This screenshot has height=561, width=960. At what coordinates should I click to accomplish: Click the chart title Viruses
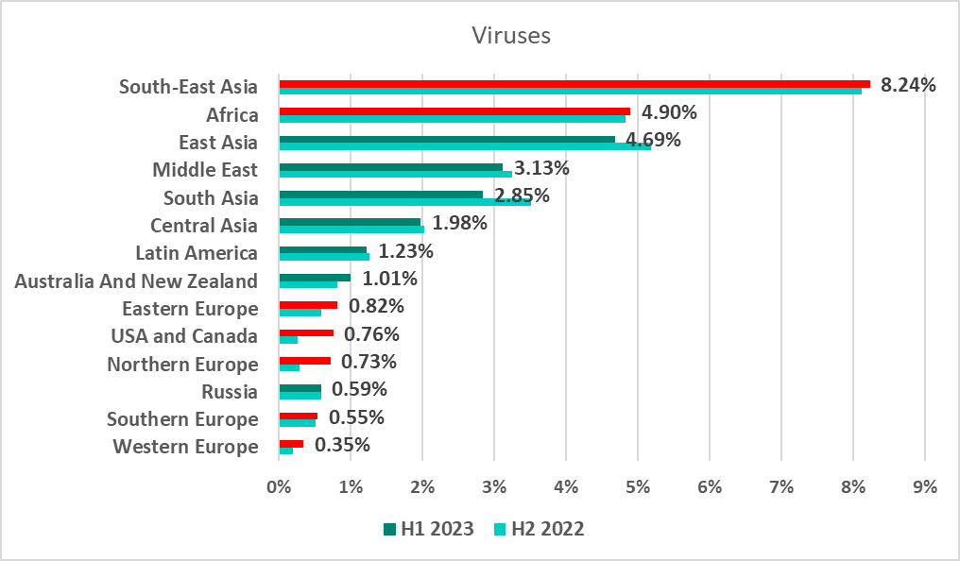pos(511,36)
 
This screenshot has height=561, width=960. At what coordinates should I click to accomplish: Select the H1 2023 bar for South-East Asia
pos(574,83)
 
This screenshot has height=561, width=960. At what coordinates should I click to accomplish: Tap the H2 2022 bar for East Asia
pos(465,146)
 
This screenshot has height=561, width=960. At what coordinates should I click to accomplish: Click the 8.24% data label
pos(908,85)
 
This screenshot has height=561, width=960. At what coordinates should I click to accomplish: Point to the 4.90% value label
pos(669,113)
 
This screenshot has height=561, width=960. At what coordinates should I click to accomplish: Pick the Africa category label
pos(232,115)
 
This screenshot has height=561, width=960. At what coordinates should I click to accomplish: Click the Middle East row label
pos(205,171)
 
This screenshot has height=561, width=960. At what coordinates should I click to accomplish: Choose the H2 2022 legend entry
pos(539,529)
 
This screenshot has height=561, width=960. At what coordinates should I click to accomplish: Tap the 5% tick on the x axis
pos(638,487)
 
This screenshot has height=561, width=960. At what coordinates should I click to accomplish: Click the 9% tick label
pos(925,487)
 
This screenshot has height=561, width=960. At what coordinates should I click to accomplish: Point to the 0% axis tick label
pos(279,487)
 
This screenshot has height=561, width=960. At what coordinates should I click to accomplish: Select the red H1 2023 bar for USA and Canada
pos(306,332)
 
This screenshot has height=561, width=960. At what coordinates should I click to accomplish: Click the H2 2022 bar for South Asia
pos(404,202)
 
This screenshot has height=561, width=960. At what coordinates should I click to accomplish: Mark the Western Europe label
pos(185,447)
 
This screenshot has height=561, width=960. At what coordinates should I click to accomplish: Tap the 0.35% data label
pos(342,445)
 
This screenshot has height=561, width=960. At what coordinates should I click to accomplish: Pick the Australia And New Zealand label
pos(136,281)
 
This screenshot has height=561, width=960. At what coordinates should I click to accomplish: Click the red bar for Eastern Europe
pos(308,305)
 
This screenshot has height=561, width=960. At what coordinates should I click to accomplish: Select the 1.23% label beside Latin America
pos(406,252)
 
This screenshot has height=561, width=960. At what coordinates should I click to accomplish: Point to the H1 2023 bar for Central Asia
pos(350,222)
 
